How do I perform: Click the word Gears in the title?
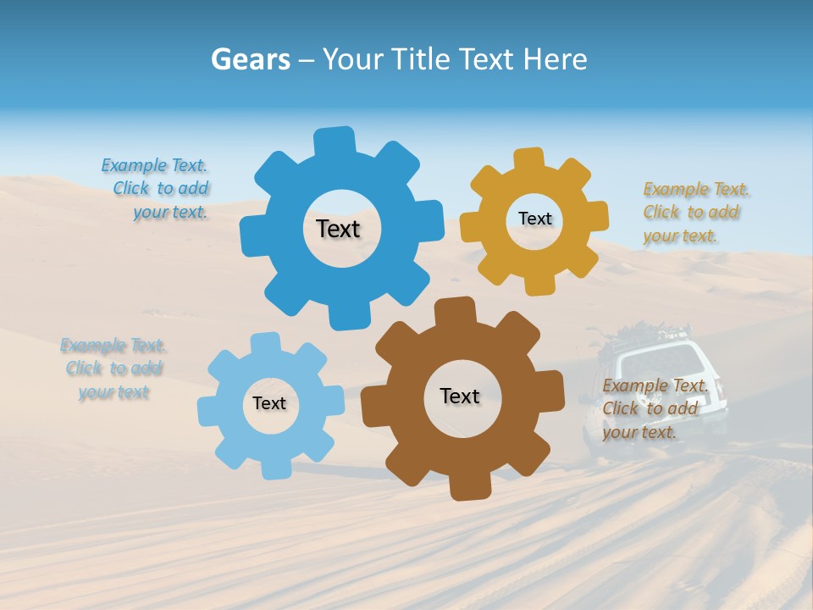(250, 59)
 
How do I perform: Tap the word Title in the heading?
(420, 59)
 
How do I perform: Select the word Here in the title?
(556, 59)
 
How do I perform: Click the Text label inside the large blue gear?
(338, 229)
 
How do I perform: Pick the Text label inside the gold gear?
(534, 219)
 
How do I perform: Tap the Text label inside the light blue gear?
(269, 403)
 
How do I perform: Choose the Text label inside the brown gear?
(460, 396)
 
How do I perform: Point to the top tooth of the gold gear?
(529, 160)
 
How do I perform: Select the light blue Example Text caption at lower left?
(113, 369)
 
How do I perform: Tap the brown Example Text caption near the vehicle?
(653, 408)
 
